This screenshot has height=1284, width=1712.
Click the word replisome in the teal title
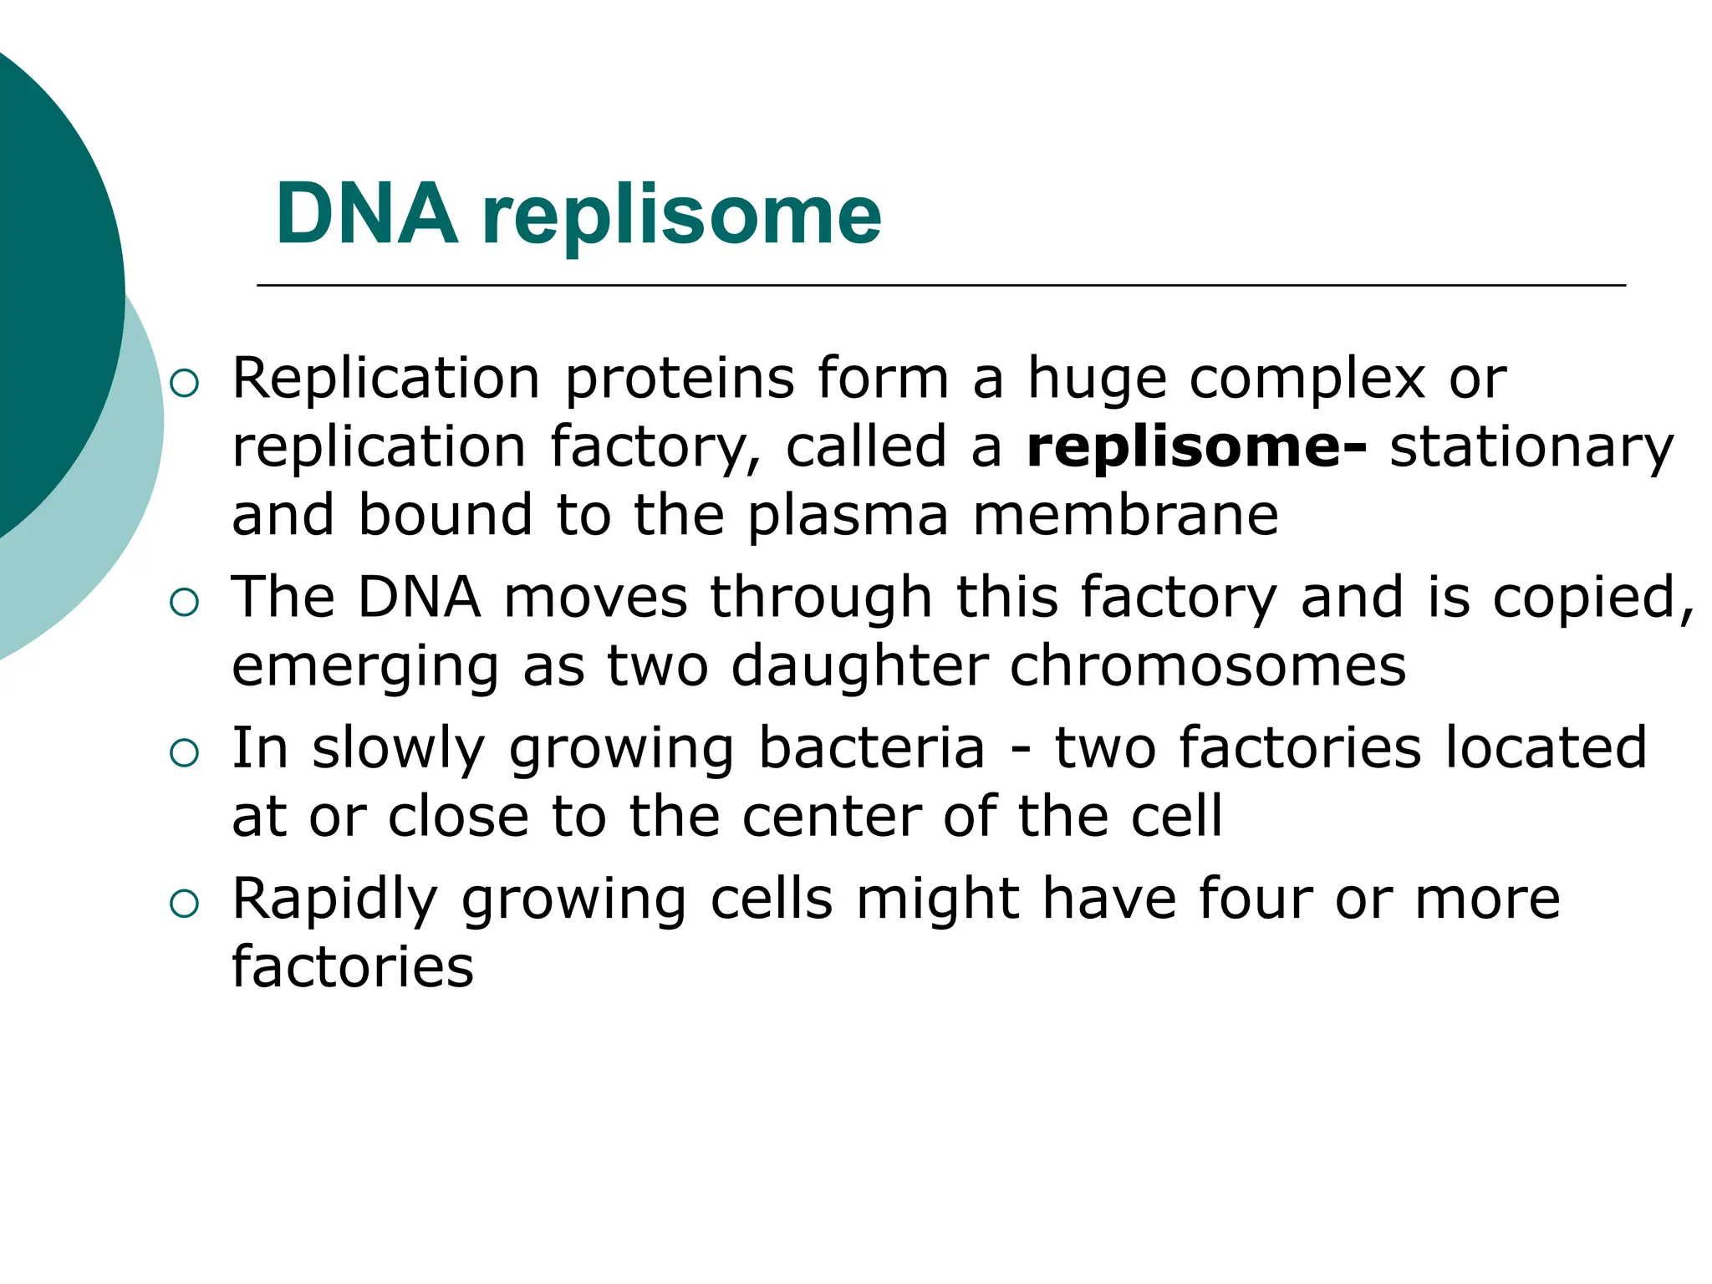tap(681, 217)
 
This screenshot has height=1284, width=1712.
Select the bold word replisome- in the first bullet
tap(1196, 447)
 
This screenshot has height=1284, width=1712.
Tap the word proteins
tap(679, 380)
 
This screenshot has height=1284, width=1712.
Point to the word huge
tap(1096, 380)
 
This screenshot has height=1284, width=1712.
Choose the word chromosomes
tap(1208, 667)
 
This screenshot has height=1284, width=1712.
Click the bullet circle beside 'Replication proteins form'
tap(184, 384)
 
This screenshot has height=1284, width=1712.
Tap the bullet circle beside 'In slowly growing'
tap(184, 753)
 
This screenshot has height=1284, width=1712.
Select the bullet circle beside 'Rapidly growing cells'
tap(184, 904)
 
